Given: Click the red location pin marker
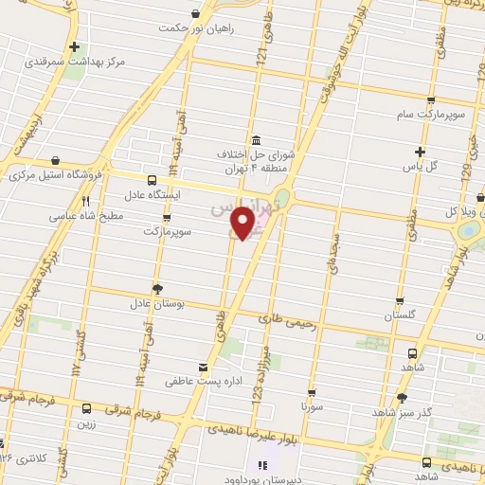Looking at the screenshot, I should (243, 223).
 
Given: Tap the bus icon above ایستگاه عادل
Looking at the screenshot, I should (153, 179).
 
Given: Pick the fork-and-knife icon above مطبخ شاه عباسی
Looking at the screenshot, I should (85, 201).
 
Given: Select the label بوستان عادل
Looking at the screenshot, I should (154, 305).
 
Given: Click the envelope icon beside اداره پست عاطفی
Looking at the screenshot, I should (202, 367).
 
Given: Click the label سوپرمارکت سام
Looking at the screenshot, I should (431, 114).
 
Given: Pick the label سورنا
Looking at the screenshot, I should (313, 405).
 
